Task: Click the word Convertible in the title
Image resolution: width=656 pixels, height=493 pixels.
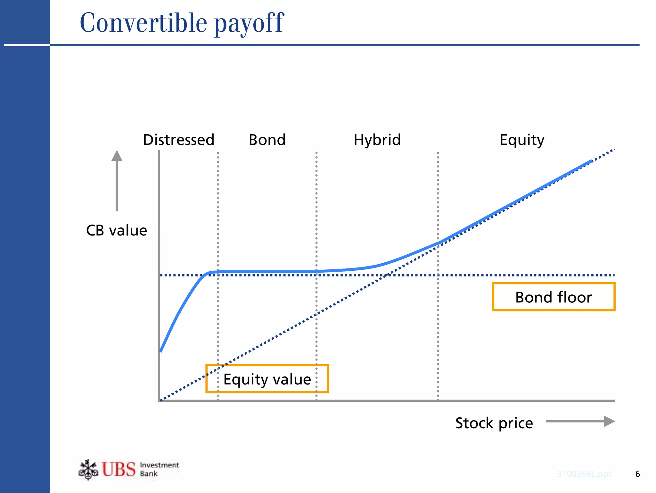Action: tap(143, 23)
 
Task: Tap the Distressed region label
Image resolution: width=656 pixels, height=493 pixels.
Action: tap(178, 140)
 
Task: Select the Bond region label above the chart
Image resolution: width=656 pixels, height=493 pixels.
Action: tap(267, 140)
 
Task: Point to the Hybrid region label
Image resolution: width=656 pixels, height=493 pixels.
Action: tap(377, 140)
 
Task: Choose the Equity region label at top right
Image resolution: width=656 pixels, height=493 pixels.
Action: tap(521, 140)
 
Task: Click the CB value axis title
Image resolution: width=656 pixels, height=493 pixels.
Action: tap(116, 230)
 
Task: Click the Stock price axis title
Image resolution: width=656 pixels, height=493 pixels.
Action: tap(494, 423)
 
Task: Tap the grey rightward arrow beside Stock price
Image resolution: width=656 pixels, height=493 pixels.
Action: tap(580, 421)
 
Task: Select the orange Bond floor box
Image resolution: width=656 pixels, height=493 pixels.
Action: tap(553, 297)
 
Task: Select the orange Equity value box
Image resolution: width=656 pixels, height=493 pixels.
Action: tap(267, 379)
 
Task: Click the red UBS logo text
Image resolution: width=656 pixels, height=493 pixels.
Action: tap(119, 469)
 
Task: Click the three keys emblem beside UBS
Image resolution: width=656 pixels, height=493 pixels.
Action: tap(88, 470)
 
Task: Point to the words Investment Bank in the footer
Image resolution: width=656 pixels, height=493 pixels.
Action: tap(159, 469)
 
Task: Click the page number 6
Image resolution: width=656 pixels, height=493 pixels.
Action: tap(637, 474)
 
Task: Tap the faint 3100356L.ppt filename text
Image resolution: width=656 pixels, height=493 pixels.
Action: tap(584, 474)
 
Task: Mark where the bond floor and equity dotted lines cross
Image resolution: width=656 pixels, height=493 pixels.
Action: tap(386, 275)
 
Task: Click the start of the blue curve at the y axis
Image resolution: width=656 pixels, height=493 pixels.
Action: tap(161, 351)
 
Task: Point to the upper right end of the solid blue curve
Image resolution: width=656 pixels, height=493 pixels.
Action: tap(591, 161)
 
